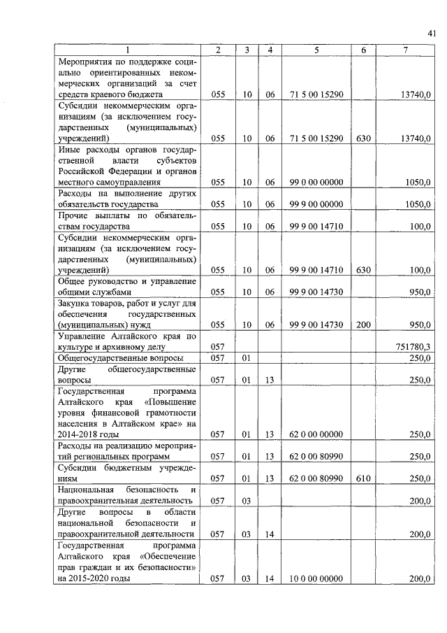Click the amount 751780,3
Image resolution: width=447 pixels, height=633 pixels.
pos(413,346)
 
